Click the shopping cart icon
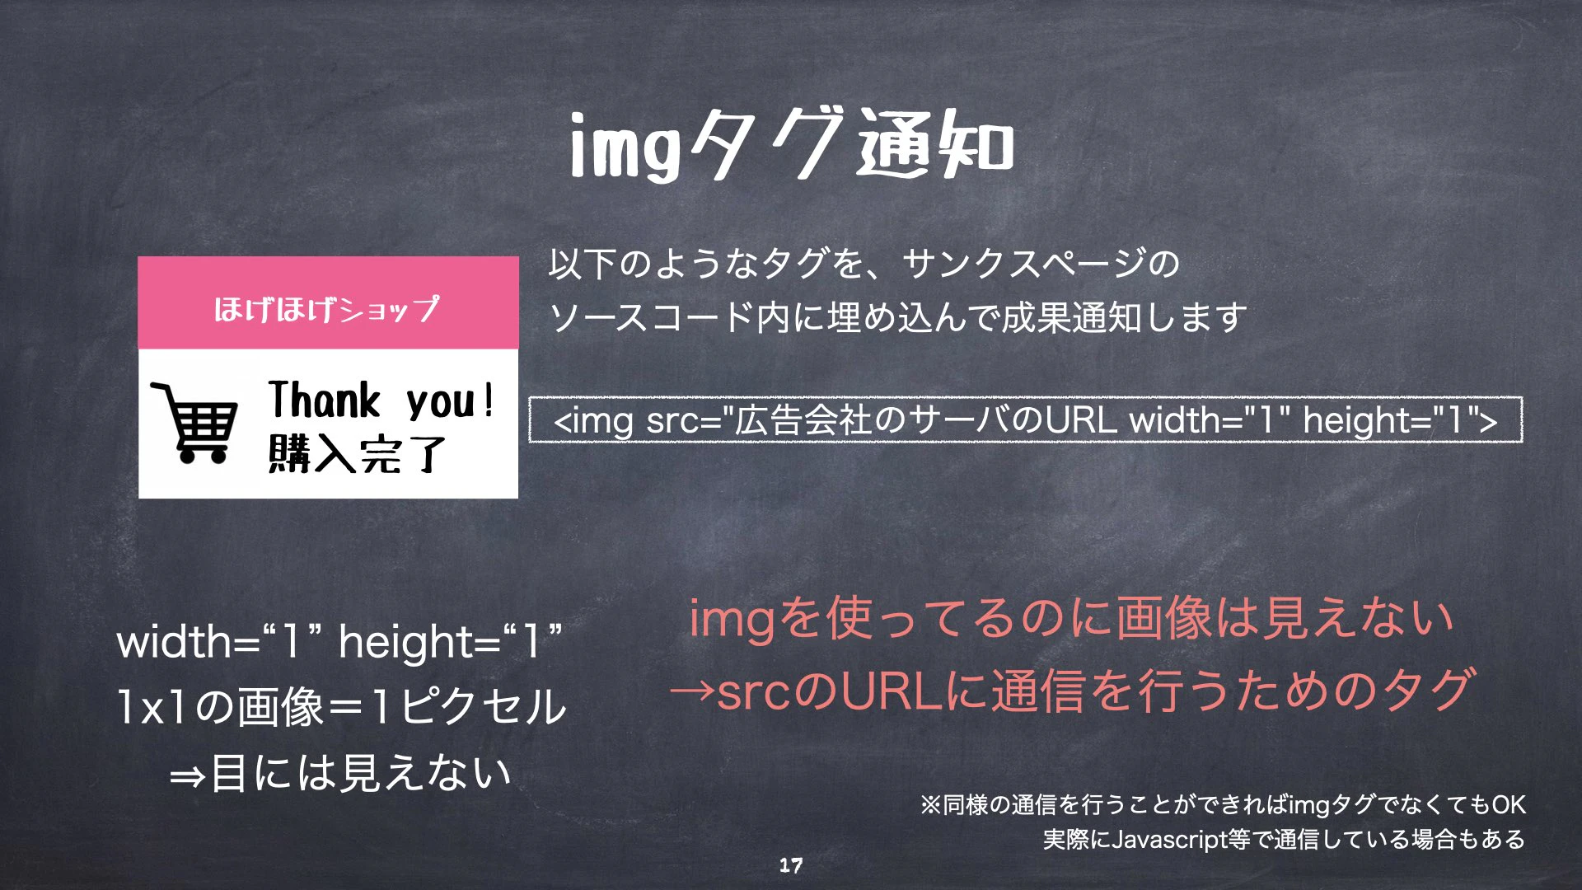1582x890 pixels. pyautogui.click(x=194, y=422)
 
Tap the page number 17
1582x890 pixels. pyautogui.click(x=791, y=865)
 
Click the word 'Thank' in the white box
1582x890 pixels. pyautogui.click(x=324, y=400)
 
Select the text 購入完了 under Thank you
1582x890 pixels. pyautogui.click(x=357, y=454)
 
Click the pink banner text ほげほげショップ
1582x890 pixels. pyautogui.click(x=327, y=309)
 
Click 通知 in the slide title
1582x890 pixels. pyautogui.click(x=935, y=147)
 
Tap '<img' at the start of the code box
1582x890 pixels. pyautogui.click(x=593, y=420)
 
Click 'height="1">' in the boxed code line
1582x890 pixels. pyautogui.click(x=1400, y=420)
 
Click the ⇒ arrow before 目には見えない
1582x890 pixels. pyautogui.click(x=187, y=776)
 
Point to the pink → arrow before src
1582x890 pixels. pyautogui.click(x=692, y=691)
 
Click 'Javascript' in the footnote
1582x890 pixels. pyautogui.click(x=1169, y=840)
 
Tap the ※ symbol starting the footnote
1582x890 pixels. pyautogui.click(x=930, y=805)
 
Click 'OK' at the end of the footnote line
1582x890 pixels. pyautogui.click(x=1508, y=805)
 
